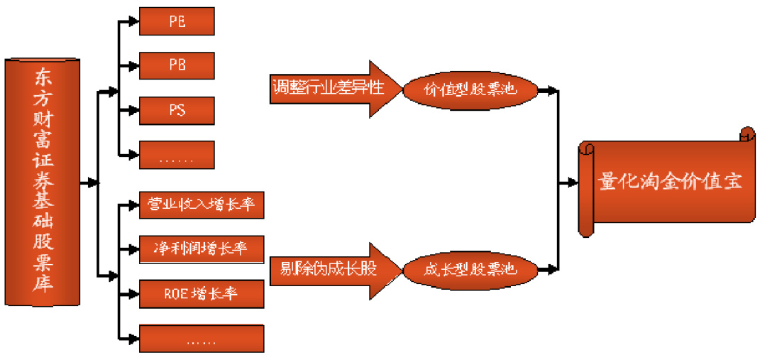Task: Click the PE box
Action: [177, 21]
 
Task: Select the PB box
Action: [177, 65]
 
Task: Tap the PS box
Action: [177, 110]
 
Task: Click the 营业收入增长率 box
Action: [202, 205]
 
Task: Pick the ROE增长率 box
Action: [202, 293]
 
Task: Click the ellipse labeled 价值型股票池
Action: [469, 90]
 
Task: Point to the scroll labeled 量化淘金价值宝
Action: [667, 182]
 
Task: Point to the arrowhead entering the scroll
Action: [573, 182]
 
